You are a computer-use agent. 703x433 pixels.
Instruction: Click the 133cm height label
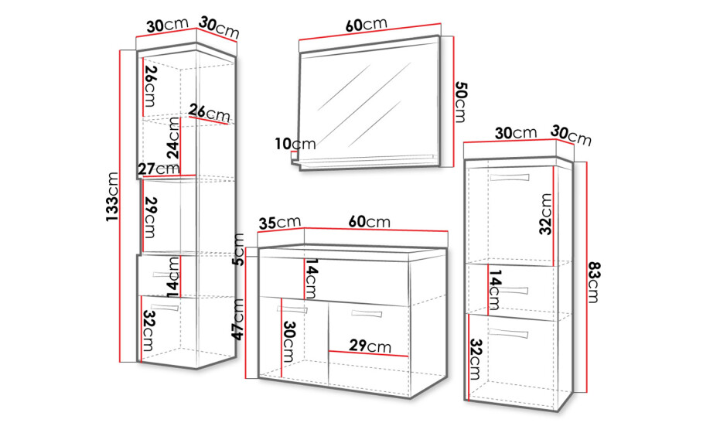pyautogui.click(x=112, y=196)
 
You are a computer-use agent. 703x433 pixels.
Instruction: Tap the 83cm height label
pyautogui.click(x=593, y=281)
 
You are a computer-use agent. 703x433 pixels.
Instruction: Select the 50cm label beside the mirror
pyautogui.click(x=460, y=101)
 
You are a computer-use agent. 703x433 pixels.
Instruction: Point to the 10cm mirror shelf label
pyautogui.click(x=295, y=144)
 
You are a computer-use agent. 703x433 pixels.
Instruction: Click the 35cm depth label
pyautogui.click(x=279, y=223)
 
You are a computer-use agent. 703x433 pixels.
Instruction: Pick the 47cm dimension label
pyautogui.click(x=237, y=319)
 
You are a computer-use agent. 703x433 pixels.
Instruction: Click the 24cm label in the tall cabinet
pyautogui.click(x=174, y=138)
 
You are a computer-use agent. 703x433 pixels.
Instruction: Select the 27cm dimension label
pyautogui.click(x=159, y=169)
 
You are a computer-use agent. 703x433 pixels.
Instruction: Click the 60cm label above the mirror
pyautogui.click(x=367, y=24)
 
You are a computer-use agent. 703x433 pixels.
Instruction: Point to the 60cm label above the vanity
pyautogui.click(x=370, y=221)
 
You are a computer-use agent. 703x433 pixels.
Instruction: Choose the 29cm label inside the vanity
pyautogui.click(x=370, y=346)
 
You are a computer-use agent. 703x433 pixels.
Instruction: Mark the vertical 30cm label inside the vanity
pyautogui.click(x=288, y=342)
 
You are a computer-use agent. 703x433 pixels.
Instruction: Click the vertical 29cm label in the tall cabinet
pyautogui.click(x=150, y=217)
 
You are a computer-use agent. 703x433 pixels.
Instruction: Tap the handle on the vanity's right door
pyautogui.click(x=367, y=313)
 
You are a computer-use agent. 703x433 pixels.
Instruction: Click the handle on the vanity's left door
pyautogui.click(x=292, y=309)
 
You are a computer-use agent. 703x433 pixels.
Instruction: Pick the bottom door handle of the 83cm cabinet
pyautogui.click(x=509, y=333)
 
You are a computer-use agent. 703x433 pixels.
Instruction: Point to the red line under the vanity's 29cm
pyautogui.click(x=369, y=353)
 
